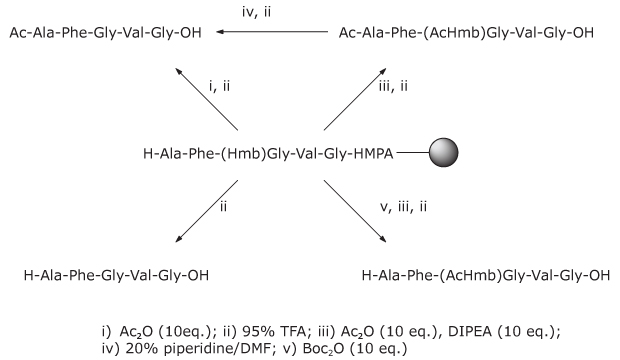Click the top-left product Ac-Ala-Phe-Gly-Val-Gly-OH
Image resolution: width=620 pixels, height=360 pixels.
(x=106, y=32)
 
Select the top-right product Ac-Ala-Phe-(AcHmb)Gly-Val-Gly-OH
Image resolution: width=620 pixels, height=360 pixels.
(x=465, y=32)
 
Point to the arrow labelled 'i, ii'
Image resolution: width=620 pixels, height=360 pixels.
(x=207, y=98)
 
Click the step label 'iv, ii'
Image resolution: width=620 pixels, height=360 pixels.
(x=273, y=14)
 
